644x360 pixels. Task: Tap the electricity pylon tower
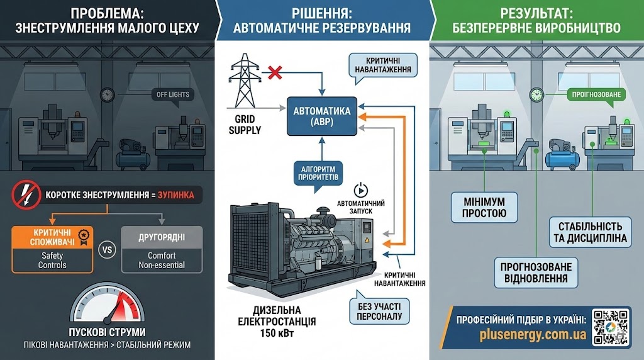pos(243,81)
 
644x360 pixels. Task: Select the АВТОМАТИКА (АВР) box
pos(321,116)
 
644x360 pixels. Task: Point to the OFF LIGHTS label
pos(170,95)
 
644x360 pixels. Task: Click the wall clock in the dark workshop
pos(107,94)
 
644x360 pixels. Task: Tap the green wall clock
pos(536,94)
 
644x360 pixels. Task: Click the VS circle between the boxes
pos(107,249)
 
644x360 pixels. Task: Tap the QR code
pos(611,326)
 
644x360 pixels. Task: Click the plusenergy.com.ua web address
pos(522,334)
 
